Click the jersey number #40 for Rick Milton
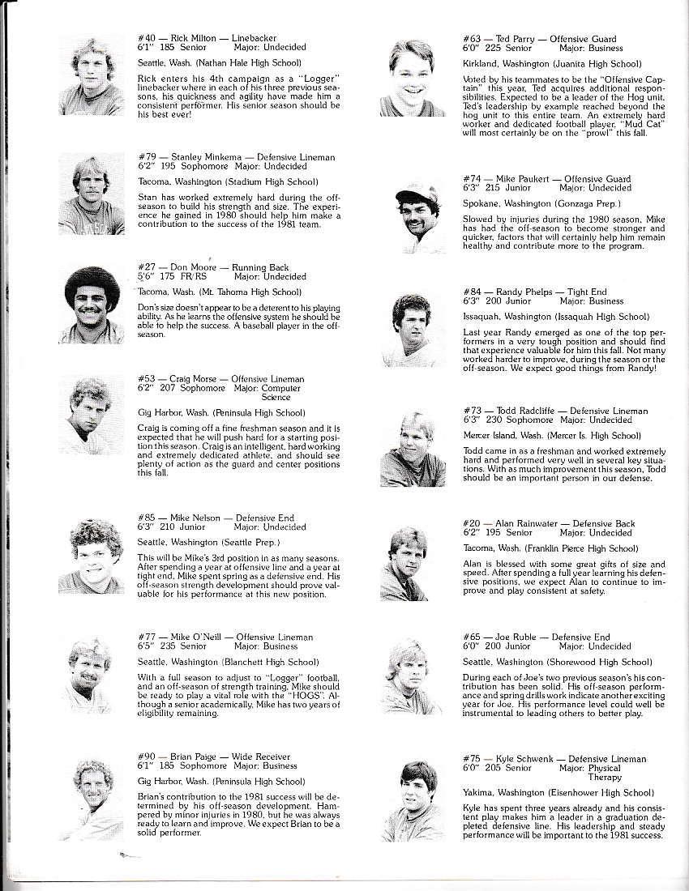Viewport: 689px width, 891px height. point(146,39)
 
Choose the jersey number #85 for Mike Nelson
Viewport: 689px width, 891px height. point(146,518)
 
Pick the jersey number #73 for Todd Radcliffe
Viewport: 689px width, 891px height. point(471,411)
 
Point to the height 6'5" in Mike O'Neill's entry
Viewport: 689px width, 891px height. point(145,646)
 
